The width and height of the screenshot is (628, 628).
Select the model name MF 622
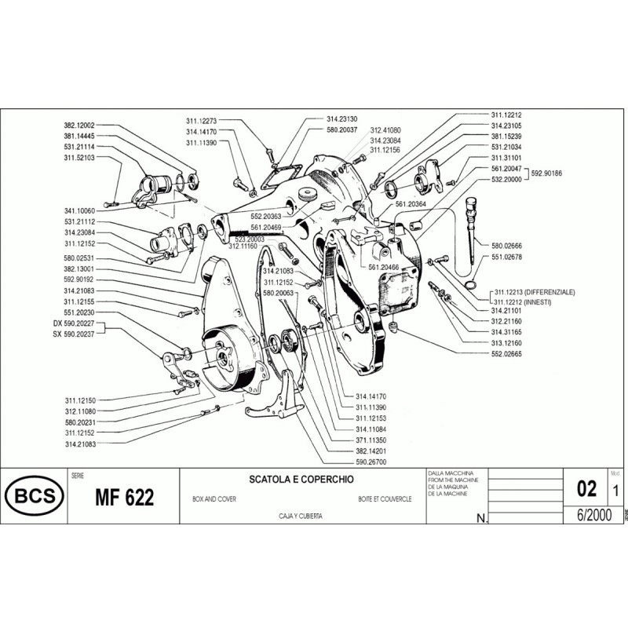(x=124, y=498)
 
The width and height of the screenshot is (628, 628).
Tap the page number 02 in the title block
(x=586, y=489)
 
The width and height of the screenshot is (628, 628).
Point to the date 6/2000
(x=592, y=513)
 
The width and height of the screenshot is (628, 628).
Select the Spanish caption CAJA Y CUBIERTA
(x=301, y=515)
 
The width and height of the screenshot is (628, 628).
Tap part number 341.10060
(x=79, y=211)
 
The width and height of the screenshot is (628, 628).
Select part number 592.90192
(x=79, y=279)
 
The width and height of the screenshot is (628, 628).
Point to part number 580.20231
(x=79, y=422)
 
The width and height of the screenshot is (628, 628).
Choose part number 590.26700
(x=372, y=462)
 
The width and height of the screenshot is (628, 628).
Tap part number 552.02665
(x=507, y=354)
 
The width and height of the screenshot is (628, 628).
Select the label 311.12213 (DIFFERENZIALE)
(x=534, y=291)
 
